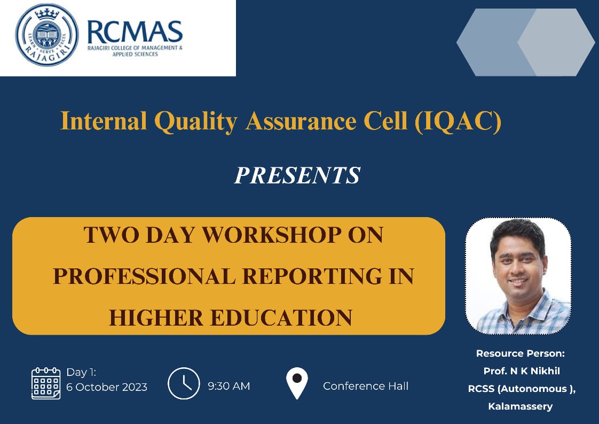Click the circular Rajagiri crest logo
pos(46,35)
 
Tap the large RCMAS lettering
pos(135,32)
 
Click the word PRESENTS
pos(297,175)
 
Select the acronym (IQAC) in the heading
pos(458,122)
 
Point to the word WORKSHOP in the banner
pos(272,235)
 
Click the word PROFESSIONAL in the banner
pos(144,276)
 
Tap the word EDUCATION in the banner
pos(281,318)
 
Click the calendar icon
pos(46,383)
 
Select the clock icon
pos(184,383)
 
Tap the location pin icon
pos(297,383)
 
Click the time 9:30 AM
pos(229,386)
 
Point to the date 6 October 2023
pos(107,387)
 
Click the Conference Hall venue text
pos(366,386)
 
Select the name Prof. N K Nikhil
pos(522,371)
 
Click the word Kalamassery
pos(521,406)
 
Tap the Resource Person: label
pos(521,353)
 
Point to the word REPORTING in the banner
pos(312,276)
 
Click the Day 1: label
pos(81,372)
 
